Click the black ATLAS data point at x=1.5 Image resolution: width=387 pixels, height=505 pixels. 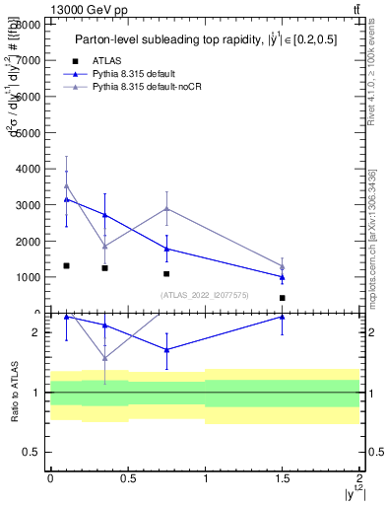click(283, 298)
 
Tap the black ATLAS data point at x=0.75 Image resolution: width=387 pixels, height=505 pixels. click(166, 273)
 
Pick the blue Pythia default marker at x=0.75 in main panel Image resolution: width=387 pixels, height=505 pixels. click(166, 249)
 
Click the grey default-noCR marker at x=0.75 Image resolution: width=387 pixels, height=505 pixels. click(166, 208)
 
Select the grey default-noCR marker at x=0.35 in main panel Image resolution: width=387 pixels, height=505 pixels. click(104, 247)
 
